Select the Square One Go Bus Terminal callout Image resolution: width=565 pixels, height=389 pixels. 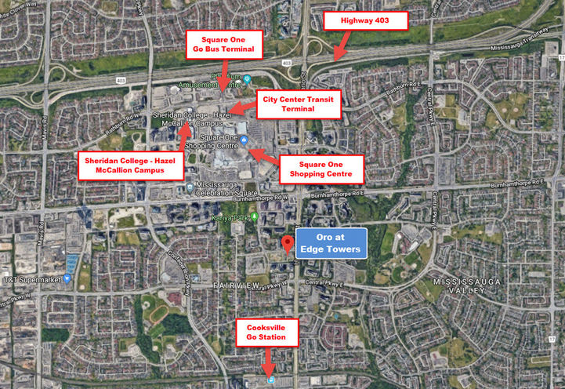tap(225, 45)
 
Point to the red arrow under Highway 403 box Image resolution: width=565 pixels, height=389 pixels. tap(339, 49)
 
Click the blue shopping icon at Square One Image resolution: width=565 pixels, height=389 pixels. tap(244, 140)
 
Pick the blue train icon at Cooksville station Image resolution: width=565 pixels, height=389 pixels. tap(271, 380)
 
